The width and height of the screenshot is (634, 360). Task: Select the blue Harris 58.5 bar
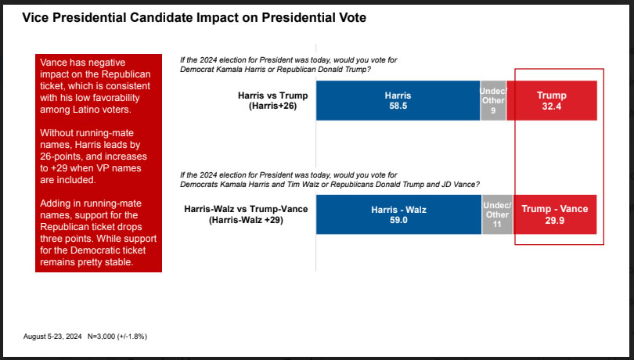point(398,100)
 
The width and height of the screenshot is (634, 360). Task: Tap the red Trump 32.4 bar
point(552,100)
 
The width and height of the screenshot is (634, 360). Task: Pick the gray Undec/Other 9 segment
point(493,100)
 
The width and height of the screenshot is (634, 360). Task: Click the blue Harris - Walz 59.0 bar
point(398,214)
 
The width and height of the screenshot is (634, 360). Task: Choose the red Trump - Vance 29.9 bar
point(554,214)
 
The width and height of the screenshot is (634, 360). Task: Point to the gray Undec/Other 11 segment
point(497,214)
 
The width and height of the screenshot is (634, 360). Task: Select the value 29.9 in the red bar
point(554,221)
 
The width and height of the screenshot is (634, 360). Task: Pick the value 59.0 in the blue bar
point(398,221)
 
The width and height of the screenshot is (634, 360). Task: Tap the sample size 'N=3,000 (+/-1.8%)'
point(117,336)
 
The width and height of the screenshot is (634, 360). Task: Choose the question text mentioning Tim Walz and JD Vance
point(330,179)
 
